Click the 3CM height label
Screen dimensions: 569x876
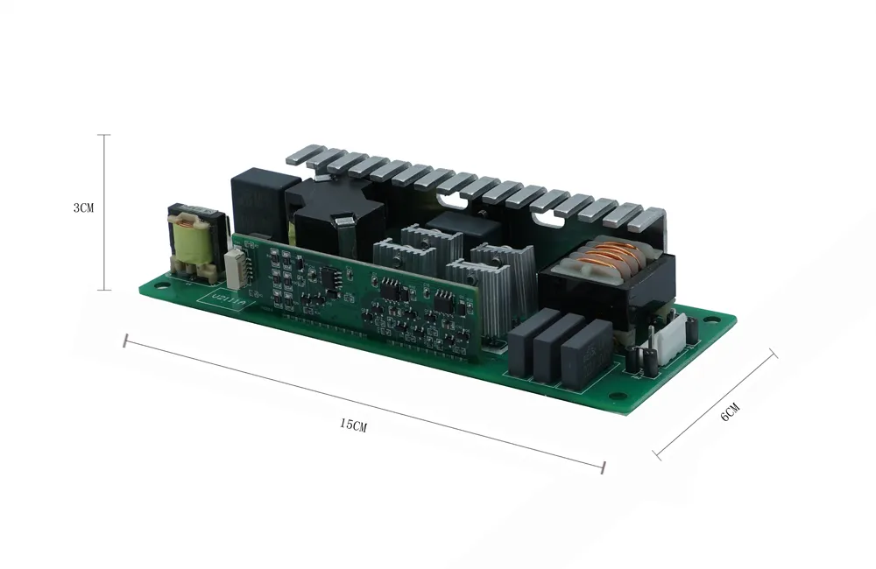pyautogui.click(x=83, y=208)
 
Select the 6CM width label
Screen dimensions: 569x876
pyautogui.click(x=730, y=411)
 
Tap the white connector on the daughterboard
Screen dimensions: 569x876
pyautogui.click(x=236, y=268)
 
